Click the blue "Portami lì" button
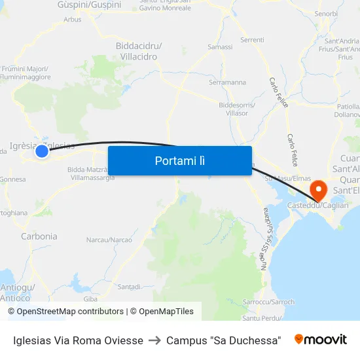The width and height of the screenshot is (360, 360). pos(179,160)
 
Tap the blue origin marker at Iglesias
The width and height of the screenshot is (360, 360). pos(42,151)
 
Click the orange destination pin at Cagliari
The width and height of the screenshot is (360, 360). pos(319,190)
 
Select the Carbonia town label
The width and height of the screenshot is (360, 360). pos(39,236)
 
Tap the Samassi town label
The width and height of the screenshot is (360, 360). pos(219,47)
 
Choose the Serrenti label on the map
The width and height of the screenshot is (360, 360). pos(252,40)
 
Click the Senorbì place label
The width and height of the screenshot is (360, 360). pos(326,13)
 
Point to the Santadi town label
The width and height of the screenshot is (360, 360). pos(129,287)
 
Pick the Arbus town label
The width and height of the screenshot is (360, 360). pos(73,20)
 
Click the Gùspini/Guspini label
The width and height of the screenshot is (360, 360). pos(98,5)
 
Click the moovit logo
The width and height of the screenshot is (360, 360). pos(321,340)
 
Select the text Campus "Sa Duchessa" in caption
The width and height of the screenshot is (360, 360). pos(224,340)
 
